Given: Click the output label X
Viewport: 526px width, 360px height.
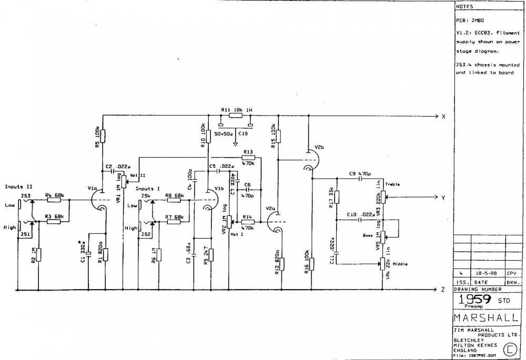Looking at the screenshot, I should click(x=444, y=116).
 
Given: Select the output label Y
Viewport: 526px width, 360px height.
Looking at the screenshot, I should click(x=444, y=198).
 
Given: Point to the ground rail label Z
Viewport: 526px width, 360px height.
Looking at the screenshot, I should click(x=444, y=290).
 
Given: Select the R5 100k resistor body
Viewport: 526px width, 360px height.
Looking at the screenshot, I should click(x=103, y=136).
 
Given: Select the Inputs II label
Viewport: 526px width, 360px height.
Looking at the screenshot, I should click(x=16, y=187).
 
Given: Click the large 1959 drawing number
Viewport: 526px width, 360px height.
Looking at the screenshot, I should click(x=476, y=300).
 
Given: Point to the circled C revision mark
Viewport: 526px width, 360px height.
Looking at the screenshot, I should click(x=509, y=348).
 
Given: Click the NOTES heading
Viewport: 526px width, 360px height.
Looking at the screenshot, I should click(x=464, y=7).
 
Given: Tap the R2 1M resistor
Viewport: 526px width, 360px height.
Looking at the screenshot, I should click(x=38, y=255).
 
